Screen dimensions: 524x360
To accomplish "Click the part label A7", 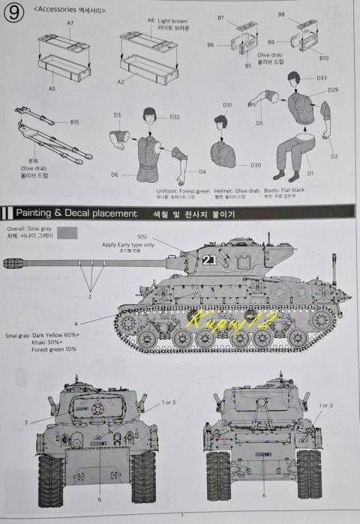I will coord(70,24).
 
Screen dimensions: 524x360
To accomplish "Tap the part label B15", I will coord(75,121).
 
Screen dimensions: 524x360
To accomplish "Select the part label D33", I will coord(321,78).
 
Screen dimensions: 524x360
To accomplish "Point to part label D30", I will coord(256,165).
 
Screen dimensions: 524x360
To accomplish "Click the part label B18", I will coord(33,160).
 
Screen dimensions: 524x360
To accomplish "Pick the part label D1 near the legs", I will coord(310,174).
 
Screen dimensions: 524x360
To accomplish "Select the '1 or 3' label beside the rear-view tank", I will coord(325,405).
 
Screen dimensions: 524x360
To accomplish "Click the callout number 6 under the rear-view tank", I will coord(263,496).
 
